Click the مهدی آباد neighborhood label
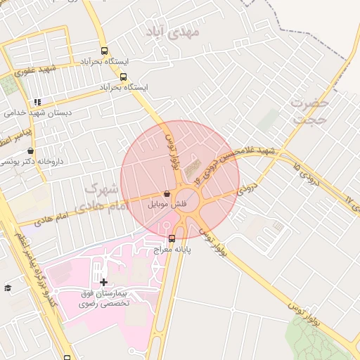point(172,32)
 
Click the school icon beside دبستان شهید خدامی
point(37,102)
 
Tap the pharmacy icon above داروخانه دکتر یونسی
point(30,150)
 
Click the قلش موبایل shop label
point(166,204)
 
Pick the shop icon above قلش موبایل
point(167,193)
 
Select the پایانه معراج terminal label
point(172,248)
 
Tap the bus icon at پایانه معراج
point(172,238)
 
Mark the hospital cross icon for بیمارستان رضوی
point(104,281)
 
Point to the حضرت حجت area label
point(309,111)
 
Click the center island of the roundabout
point(188,198)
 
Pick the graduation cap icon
point(8,288)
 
